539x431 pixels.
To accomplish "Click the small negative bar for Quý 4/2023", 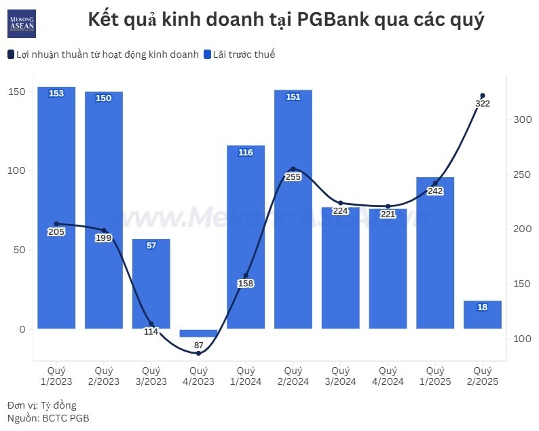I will click(198, 333).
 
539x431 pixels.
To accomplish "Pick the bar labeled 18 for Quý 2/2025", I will click(483, 315).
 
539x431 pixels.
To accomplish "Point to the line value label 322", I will click(483, 104).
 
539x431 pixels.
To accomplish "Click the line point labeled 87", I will click(198, 353).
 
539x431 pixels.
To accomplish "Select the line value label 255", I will click(293, 177).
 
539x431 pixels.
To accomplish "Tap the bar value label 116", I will click(246, 153).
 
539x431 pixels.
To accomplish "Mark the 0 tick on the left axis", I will click(22, 329).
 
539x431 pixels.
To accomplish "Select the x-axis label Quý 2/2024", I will click(293, 376).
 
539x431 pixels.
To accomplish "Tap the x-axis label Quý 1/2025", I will click(435, 376).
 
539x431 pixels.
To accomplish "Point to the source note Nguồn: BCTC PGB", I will click(48, 418).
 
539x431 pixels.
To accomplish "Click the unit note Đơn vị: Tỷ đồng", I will click(42, 406).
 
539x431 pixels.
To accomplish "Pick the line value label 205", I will click(56, 232).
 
